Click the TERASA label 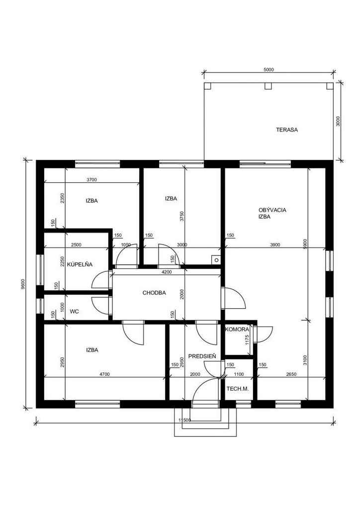[x=286, y=130]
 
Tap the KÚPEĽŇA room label [x=80, y=264]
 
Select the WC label [x=75, y=311]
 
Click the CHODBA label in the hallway [x=154, y=293]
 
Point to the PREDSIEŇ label [x=202, y=356]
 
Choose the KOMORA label [x=237, y=329]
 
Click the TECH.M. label [x=238, y=388]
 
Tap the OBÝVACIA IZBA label [x=272, y=213]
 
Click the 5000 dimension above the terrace [x=269, y=69]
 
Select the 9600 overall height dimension [x=22, y=284]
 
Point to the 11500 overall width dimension [x=184, y=420]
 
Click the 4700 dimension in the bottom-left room [x=104, y=374]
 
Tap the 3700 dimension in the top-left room [x=92, y=179]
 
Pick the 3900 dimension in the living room [x=275, y=245]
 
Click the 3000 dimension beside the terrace [x=338, y=121]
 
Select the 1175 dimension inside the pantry [x=247, y=339]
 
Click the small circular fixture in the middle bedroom [x=216, y=260]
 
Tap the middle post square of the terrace [x=268, y=85]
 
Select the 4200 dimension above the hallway [x=167, y=272]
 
